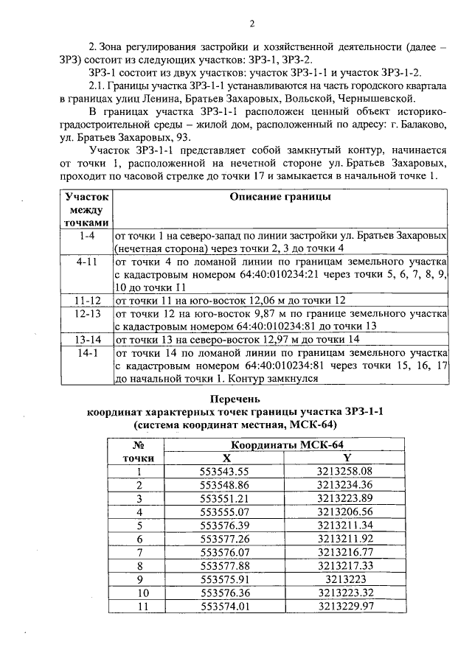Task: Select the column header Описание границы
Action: point(280,197)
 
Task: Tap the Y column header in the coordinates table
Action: point(347,458)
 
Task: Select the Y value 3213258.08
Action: point(347,471)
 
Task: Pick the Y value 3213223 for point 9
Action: point(347,579)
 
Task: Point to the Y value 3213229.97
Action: point(347,605)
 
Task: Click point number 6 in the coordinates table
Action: point(138,538)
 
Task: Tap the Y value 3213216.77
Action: point(347,551)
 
